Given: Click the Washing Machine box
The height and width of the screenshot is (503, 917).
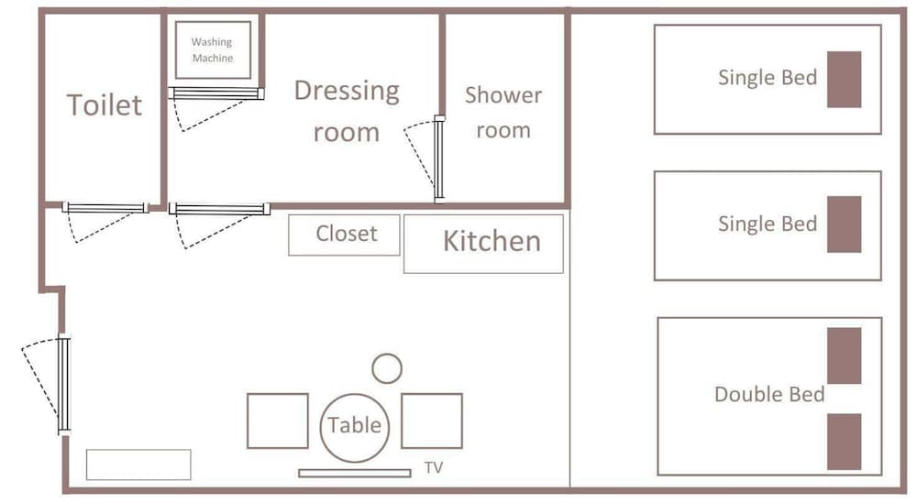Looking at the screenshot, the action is click(214, 50).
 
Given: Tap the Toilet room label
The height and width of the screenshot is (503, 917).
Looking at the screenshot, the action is click(105, 105).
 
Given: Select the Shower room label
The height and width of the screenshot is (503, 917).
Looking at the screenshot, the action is click(503, 112).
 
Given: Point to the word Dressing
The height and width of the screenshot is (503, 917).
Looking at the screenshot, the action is click(347, 91).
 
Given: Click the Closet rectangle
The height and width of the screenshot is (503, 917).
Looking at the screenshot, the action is click(345, 235).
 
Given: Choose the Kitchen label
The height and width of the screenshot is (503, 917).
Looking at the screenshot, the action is click(492, 241).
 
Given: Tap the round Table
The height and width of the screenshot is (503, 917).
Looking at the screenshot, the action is click(354, 427).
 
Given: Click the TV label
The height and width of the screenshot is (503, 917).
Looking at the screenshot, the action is click(434, 467).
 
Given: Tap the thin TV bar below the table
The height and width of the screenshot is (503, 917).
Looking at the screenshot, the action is click(354, 473).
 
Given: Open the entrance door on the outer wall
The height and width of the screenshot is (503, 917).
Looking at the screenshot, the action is click(64, 385).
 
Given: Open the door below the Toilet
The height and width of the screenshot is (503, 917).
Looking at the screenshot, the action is click(105, 208).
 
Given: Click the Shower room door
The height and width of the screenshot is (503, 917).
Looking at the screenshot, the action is click(439, 159).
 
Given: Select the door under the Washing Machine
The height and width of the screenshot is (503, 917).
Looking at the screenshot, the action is click(216, 93).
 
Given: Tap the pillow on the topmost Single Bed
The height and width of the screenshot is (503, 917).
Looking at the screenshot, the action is click(844, 80).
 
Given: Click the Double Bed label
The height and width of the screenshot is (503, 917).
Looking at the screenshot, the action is click(769, 394).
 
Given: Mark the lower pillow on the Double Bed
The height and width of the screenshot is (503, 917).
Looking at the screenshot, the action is click(844, 442).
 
